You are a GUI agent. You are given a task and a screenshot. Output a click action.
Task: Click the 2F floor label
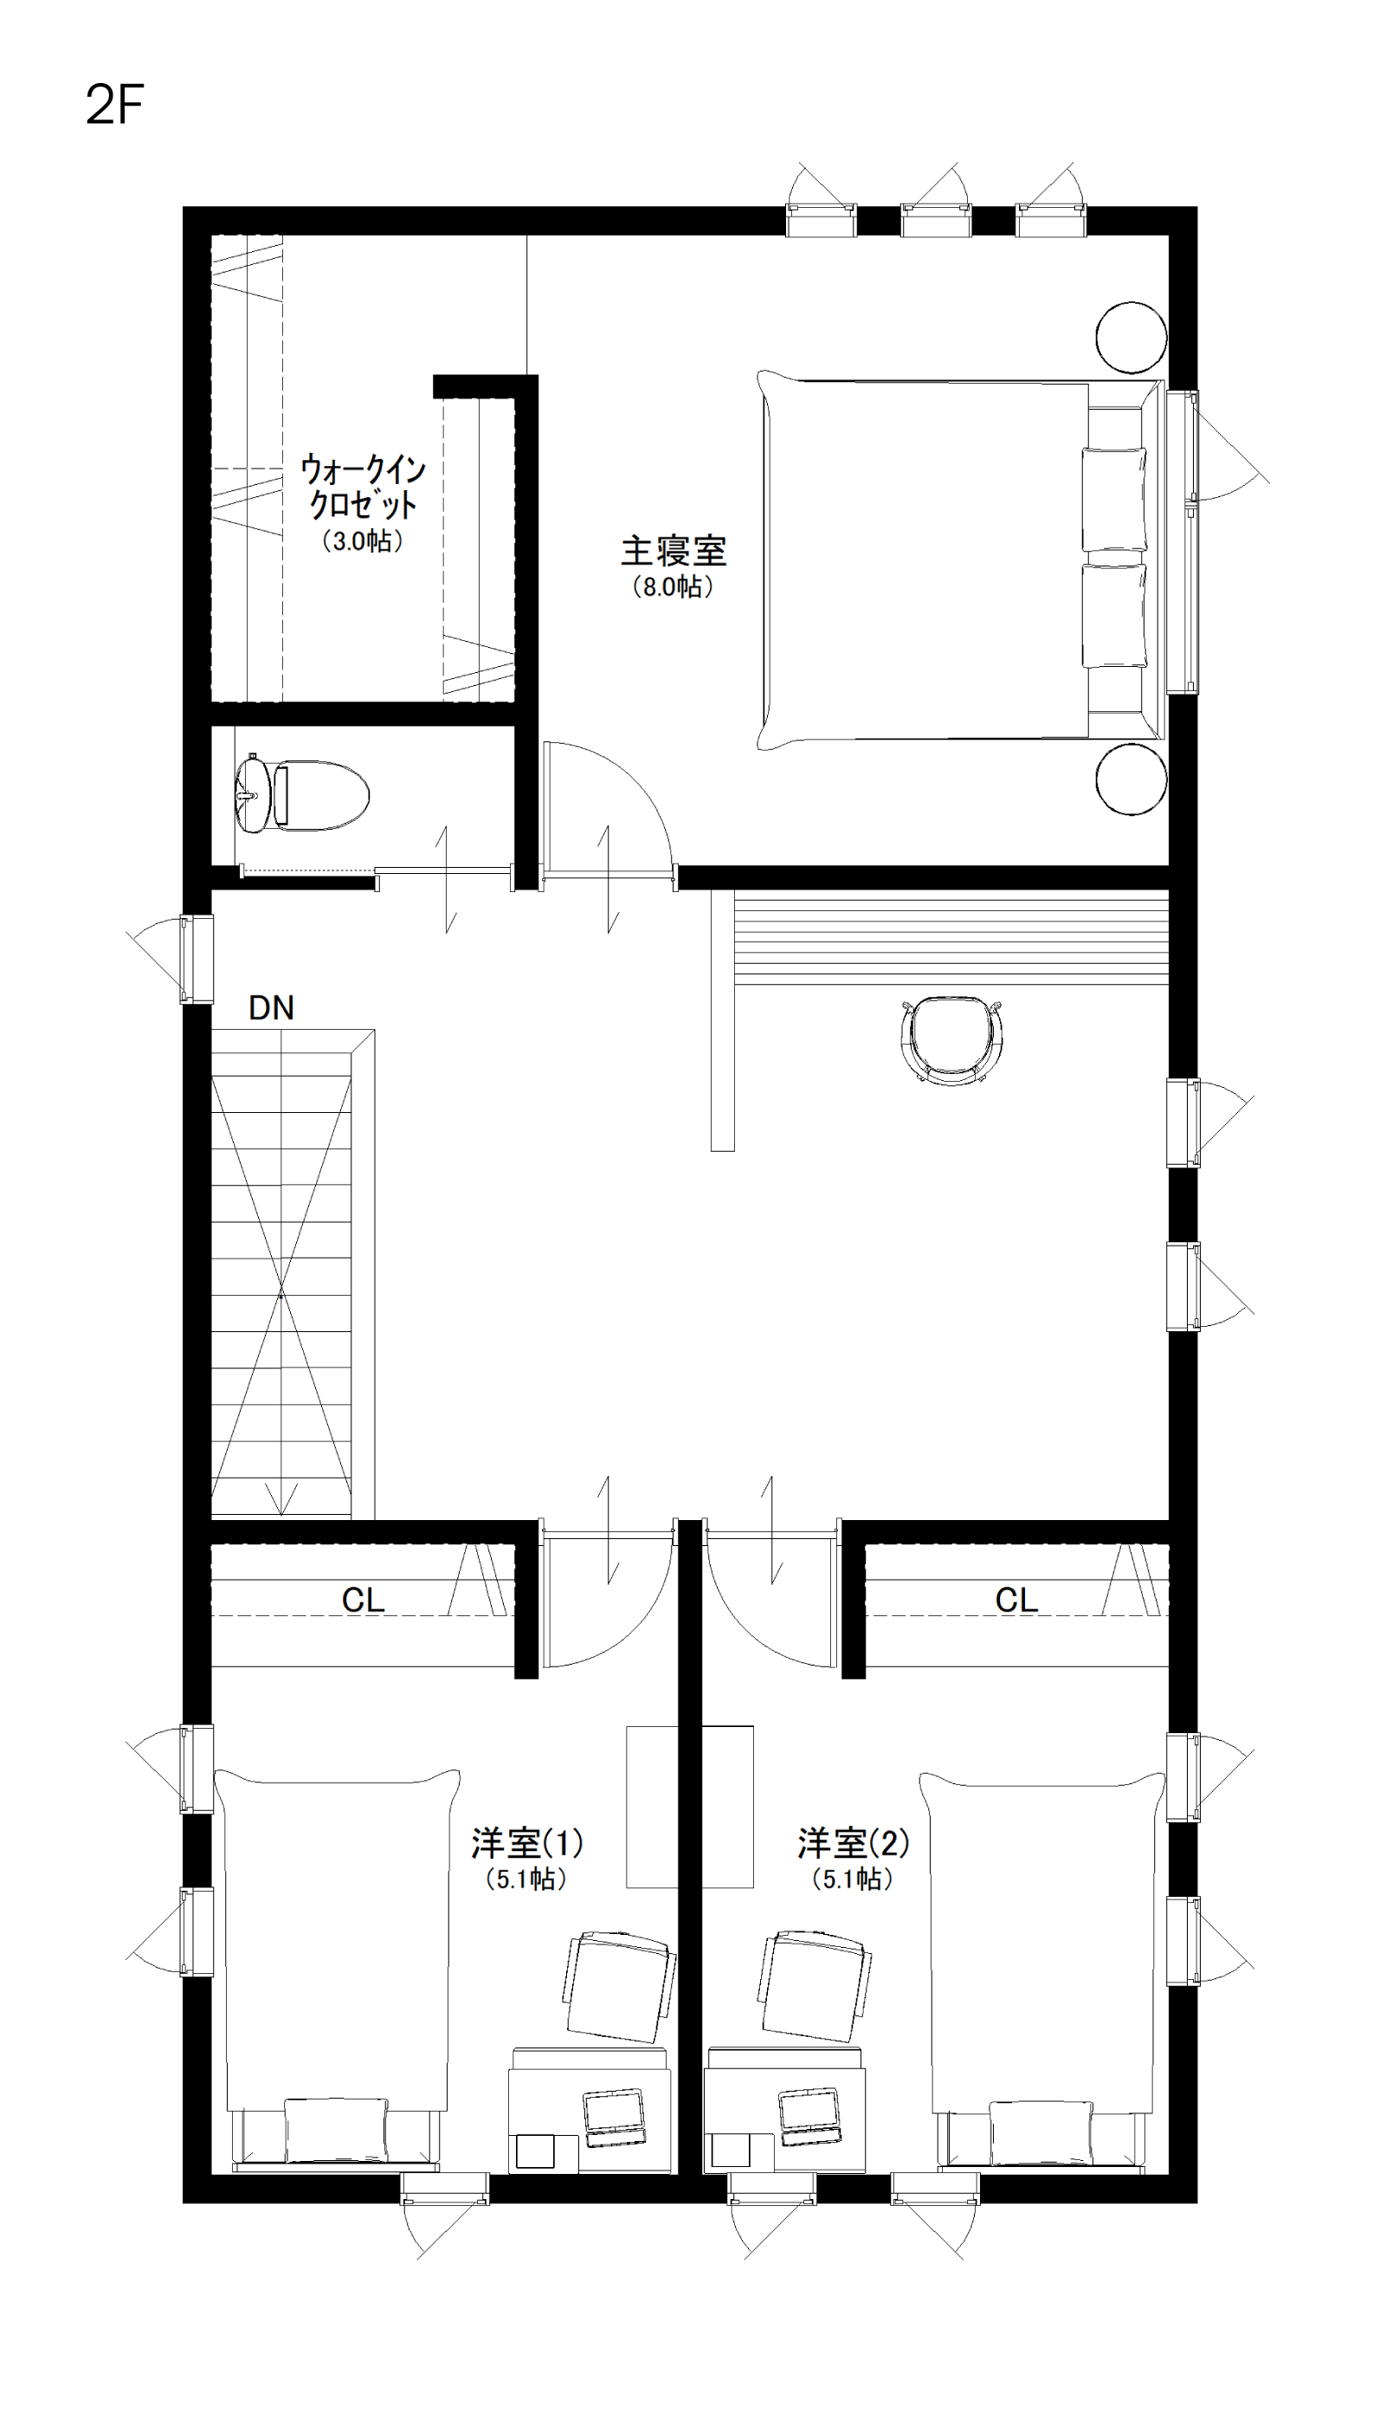click(114, 106)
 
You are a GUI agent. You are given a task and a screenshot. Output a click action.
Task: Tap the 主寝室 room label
click(674, 550)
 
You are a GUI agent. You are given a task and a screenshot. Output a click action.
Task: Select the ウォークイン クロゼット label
click(364, 487)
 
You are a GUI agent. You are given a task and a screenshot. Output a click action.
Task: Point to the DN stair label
click(271, 1007)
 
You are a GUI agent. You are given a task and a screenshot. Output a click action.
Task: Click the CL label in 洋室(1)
click(364, 1600)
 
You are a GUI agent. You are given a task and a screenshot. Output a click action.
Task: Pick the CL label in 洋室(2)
click(1016, 1600)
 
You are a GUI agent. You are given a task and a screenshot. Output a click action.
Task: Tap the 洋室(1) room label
click(527, 1843)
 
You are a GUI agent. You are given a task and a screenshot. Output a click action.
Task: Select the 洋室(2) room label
click(854, 1843)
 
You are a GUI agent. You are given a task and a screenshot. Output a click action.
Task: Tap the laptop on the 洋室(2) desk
click(809, 2118)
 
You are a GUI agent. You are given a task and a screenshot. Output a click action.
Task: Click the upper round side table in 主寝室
click(1131, 337)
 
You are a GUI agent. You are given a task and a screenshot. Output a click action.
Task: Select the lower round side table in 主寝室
click(1131, 779)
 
